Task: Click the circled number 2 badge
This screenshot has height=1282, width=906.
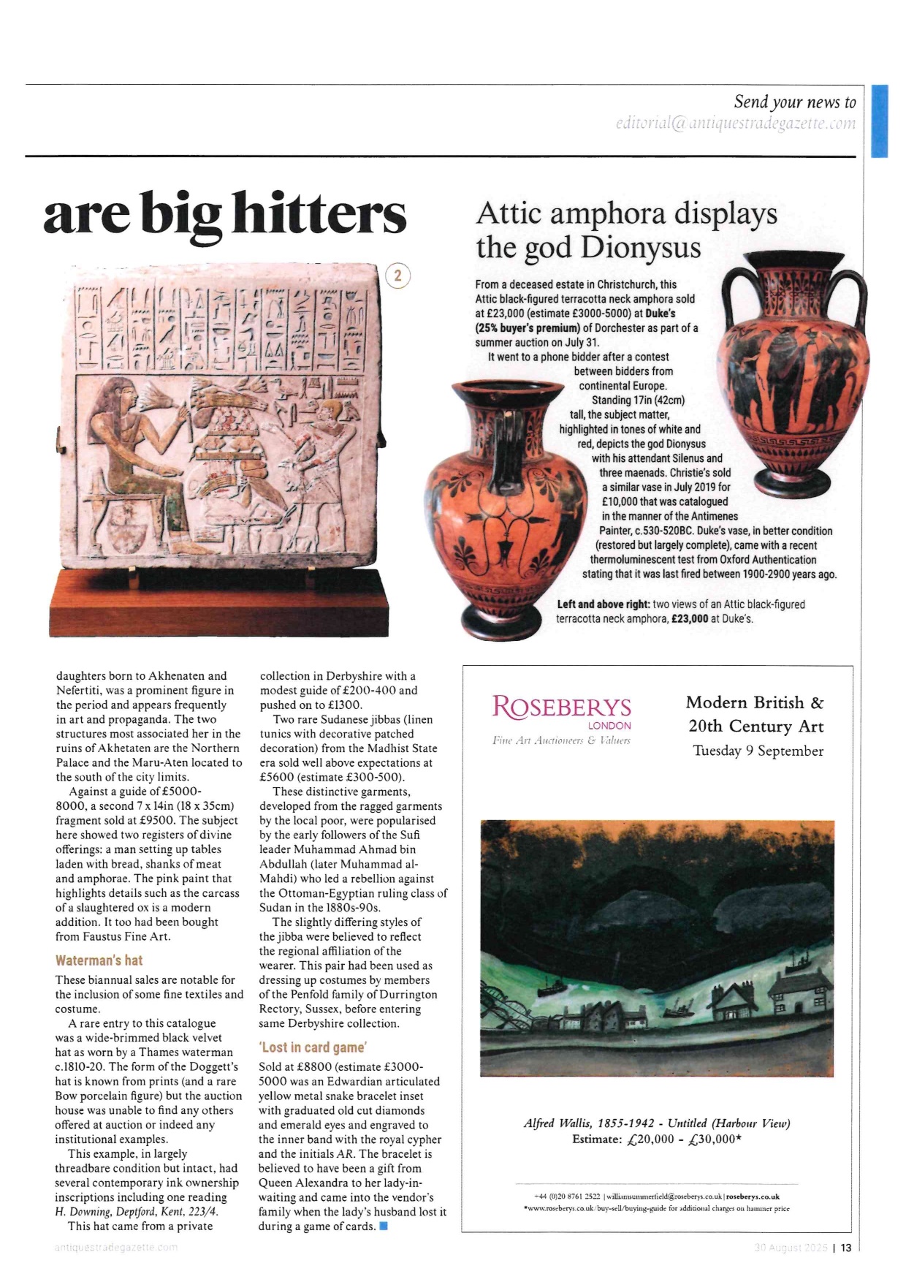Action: coord(397,276)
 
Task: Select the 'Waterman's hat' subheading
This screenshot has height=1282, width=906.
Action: coord(99,960)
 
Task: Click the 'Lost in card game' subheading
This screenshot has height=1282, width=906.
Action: coord(313,1047)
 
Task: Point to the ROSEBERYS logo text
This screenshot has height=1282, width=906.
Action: coord(561,707)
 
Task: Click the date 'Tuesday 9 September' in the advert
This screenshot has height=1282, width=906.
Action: coord(758,751)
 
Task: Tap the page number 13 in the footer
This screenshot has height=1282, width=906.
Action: coord(845,1248)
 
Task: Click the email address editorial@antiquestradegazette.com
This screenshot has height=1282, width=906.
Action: coord(735,124)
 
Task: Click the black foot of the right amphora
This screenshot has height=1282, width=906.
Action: coord(792,483)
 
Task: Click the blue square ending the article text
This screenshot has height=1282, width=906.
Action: coord(384,1226)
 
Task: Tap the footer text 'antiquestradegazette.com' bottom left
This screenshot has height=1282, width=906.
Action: coord(116,1248)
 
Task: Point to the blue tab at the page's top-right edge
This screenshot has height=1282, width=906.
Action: coord(879,121)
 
